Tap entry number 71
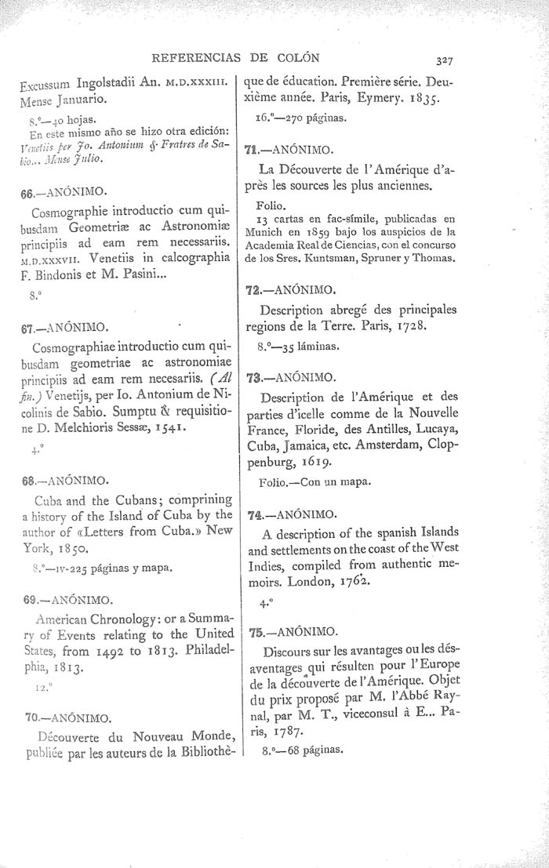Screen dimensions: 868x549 253,148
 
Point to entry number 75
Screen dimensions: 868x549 253,631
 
